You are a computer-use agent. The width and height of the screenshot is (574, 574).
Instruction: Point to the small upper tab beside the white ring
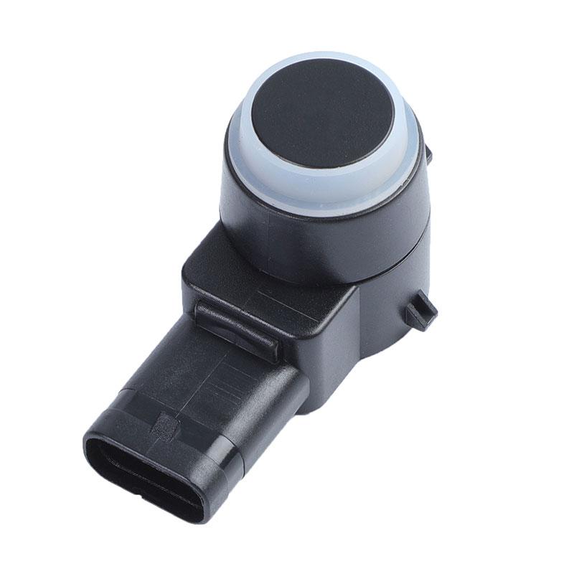pos(428,154)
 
